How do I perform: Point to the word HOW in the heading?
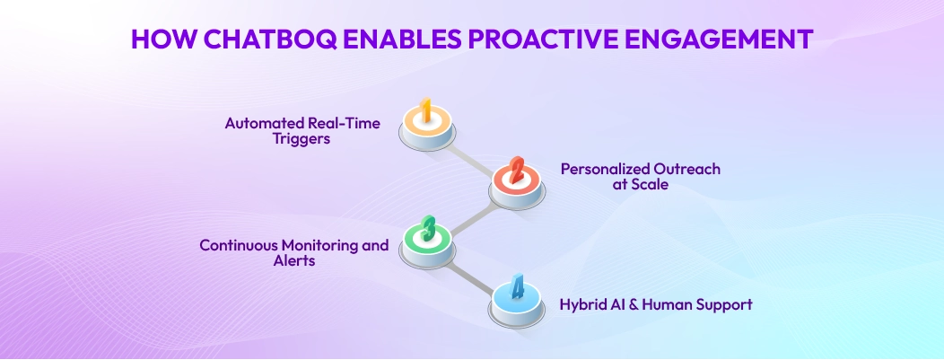tap(163, 39)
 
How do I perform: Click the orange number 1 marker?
tap(427, 125)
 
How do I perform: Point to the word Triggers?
tap(310, 138)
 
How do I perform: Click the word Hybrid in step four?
tap(579, 304)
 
